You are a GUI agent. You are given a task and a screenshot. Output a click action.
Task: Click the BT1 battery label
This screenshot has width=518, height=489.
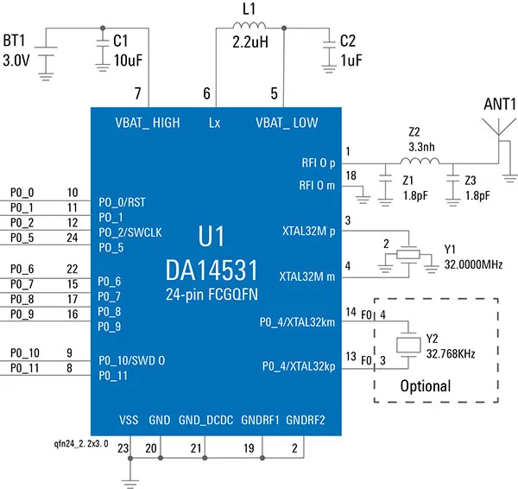click(16, 41)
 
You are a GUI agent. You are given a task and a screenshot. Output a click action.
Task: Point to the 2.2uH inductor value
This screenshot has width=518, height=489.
click(250, 41)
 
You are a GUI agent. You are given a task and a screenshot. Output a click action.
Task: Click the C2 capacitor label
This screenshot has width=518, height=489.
click(348, 41)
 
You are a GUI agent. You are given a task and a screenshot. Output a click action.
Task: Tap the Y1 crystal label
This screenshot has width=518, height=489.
click(450, 248)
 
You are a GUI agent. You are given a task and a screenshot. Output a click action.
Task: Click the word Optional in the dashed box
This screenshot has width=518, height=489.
click(426, 386)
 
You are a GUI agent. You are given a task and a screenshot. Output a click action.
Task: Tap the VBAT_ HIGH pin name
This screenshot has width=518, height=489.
click(148, 124)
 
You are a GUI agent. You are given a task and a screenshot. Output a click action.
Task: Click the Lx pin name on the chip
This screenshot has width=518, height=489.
click(214, 124)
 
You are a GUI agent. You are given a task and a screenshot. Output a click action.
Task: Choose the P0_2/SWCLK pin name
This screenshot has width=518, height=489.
click(130, 232)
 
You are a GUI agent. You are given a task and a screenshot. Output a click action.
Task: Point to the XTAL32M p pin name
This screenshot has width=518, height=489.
click(308, 232)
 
